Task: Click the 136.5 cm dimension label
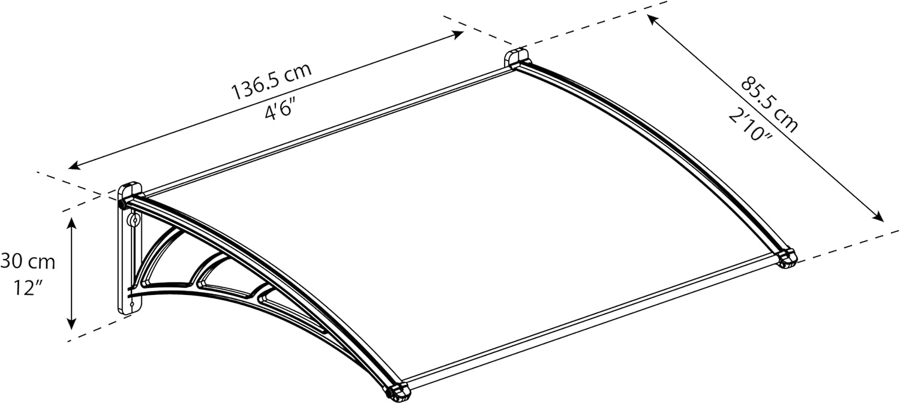271,81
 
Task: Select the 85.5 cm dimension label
769,104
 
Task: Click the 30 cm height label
28,262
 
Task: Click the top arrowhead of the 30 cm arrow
72,223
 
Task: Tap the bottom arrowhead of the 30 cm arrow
72,324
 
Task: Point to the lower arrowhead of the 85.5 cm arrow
878,217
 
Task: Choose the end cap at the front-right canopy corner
787,259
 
